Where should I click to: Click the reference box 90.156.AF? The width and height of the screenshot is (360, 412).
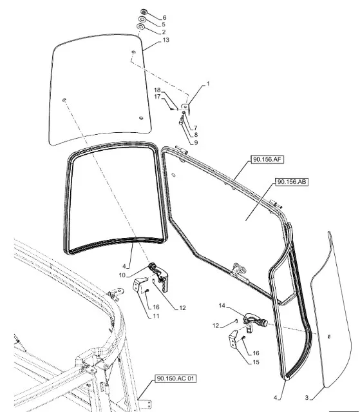[x=267, y=159]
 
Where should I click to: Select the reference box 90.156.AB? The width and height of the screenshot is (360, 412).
[x=292, y=182]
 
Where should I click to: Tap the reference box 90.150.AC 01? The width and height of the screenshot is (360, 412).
[x=176, y=378]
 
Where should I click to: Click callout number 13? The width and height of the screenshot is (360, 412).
[x=166, y=40]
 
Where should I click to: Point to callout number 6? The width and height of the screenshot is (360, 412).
[x=164, y=17]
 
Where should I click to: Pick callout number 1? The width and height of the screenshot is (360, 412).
[x=208, y=84]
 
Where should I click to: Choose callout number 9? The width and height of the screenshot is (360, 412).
[x=196, y=142]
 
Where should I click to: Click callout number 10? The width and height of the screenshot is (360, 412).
[x=122, y=275]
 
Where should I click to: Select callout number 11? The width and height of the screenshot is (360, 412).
[x=156, y=316]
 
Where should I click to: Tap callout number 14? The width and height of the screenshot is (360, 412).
[x=222, y=306]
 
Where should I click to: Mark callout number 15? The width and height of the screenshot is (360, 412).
[x=256, y=362]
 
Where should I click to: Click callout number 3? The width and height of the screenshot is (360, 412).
[x=307, y=398]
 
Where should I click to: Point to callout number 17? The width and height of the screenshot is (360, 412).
[x=157, y=97]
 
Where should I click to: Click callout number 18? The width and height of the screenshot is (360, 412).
[x=157, y=90]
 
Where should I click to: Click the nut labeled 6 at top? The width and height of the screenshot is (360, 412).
[x=143, y=12]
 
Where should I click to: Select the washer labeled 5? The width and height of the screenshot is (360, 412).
[x=142, y=19]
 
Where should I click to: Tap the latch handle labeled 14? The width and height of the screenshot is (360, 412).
[x=255, y=319]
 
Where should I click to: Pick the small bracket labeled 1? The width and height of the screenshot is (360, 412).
[x=185, y=108]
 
